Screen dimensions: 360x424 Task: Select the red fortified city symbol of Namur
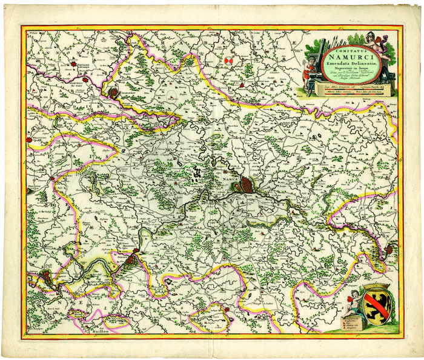tap(246, 185)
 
